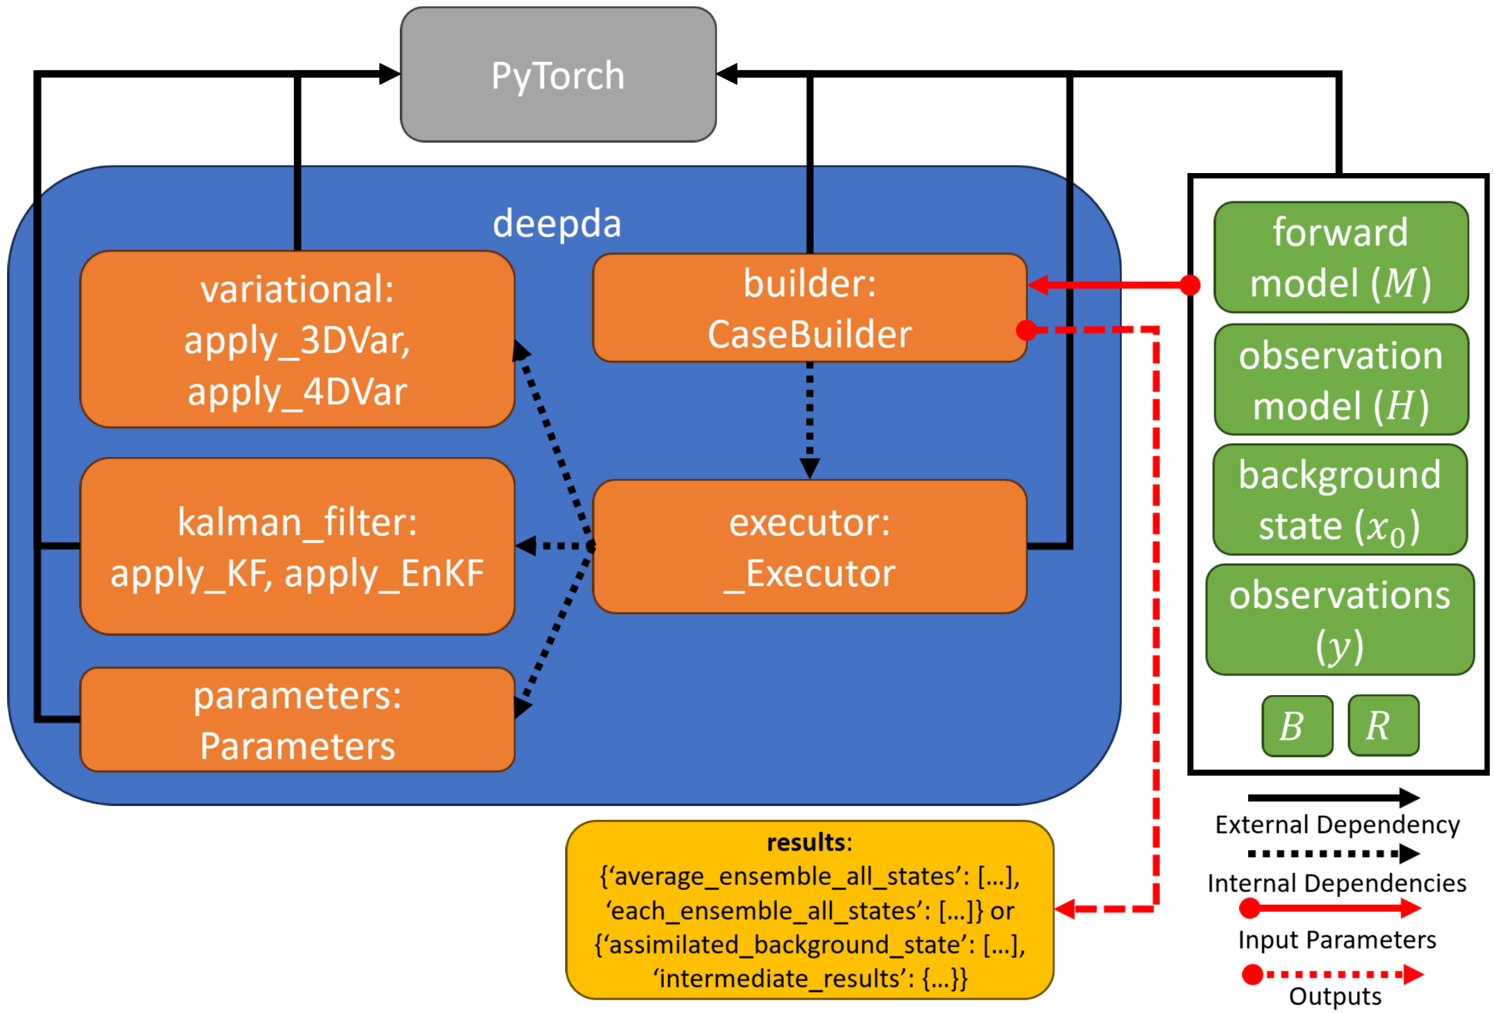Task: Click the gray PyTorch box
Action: click(558, 75)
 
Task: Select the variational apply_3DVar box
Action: click(297, 339)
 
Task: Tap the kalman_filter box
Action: click(297, 546)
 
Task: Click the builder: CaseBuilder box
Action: click(810, 308)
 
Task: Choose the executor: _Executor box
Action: click(810, 546)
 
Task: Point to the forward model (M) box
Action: click(1341, 257)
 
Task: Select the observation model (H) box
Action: click(1341, 379)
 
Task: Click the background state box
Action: click(1340, 499)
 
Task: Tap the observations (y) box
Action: click(1340, 620)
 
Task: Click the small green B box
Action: click(1297, 725)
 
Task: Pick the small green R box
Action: click(1383, 725)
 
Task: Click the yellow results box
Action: click(810, 910)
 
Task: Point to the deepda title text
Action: click(557, 223)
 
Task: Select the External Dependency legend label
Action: click(1337, 824)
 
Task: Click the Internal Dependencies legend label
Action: click(1336, 883)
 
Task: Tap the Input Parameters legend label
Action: click(1336, 940)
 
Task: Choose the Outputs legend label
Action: click(1335, 996)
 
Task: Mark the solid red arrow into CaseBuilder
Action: click(1109, 285)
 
